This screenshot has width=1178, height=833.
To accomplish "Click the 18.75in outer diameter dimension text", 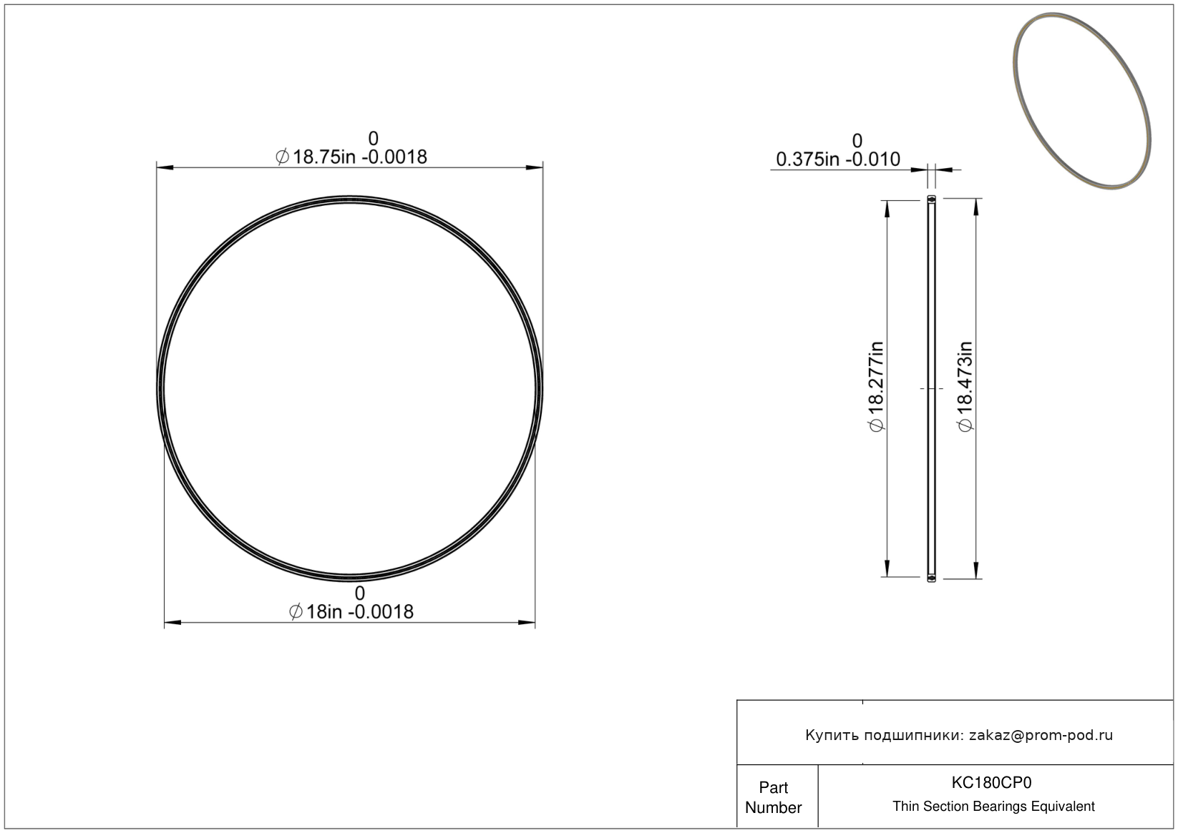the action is (x=351, y=157).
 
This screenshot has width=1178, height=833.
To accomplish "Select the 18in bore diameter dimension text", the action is (x=351, y=612).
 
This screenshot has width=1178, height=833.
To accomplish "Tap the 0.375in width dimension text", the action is (x=838, y=159).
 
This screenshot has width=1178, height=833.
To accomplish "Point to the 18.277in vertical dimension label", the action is (x=876, y=387).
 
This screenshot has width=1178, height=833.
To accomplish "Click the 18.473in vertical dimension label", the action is (x=965, y=387).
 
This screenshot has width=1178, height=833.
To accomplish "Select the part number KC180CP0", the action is (x=991, y=783).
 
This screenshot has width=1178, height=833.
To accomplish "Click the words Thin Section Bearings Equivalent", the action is (x=993, y=807).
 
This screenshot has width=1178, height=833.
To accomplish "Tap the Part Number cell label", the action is (x=773, y=797).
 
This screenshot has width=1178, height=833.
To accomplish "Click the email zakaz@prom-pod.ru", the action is (x=1041, y=735).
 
